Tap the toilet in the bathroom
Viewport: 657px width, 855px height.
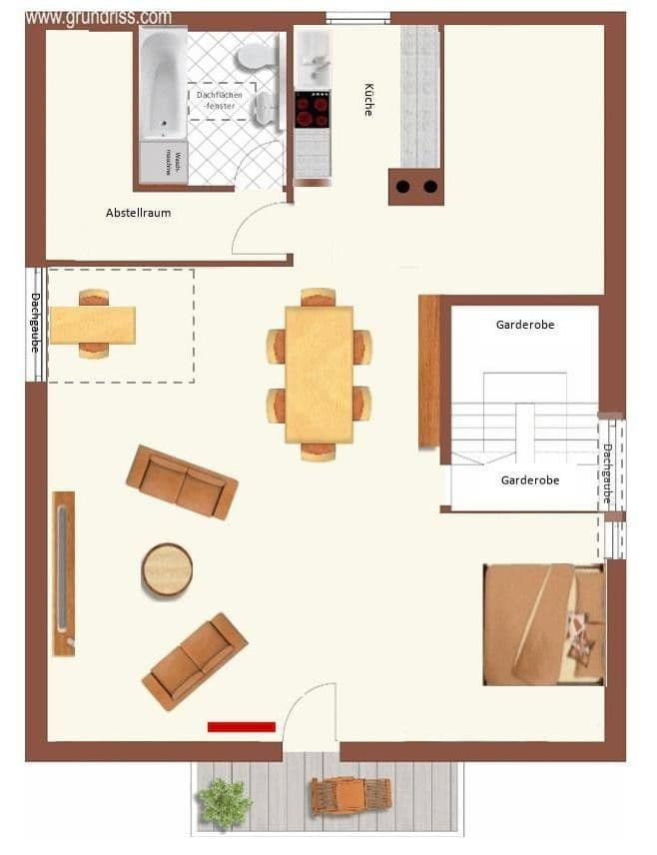[256, 56]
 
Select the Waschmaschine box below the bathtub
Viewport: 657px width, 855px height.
[163, 163]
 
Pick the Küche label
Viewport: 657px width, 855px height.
[368, 99]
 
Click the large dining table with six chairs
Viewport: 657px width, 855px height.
[319, 374]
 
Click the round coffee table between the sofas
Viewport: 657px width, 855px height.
[167, 569]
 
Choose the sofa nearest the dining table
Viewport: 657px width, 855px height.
[182, 481]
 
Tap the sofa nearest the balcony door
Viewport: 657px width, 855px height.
[195, 661]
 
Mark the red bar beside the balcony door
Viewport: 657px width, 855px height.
[241, 727]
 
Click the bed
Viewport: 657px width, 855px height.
[542, 624]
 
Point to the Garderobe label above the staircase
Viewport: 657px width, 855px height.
[525, 325]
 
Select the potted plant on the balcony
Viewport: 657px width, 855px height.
[224, 801]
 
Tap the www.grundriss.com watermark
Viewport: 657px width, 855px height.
[98, 17]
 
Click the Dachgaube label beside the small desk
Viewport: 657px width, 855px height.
[35, 322]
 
